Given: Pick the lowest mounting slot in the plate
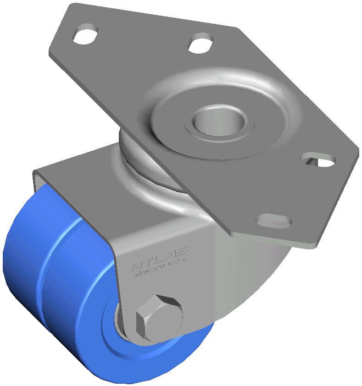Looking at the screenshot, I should click(x=274, y=221).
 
